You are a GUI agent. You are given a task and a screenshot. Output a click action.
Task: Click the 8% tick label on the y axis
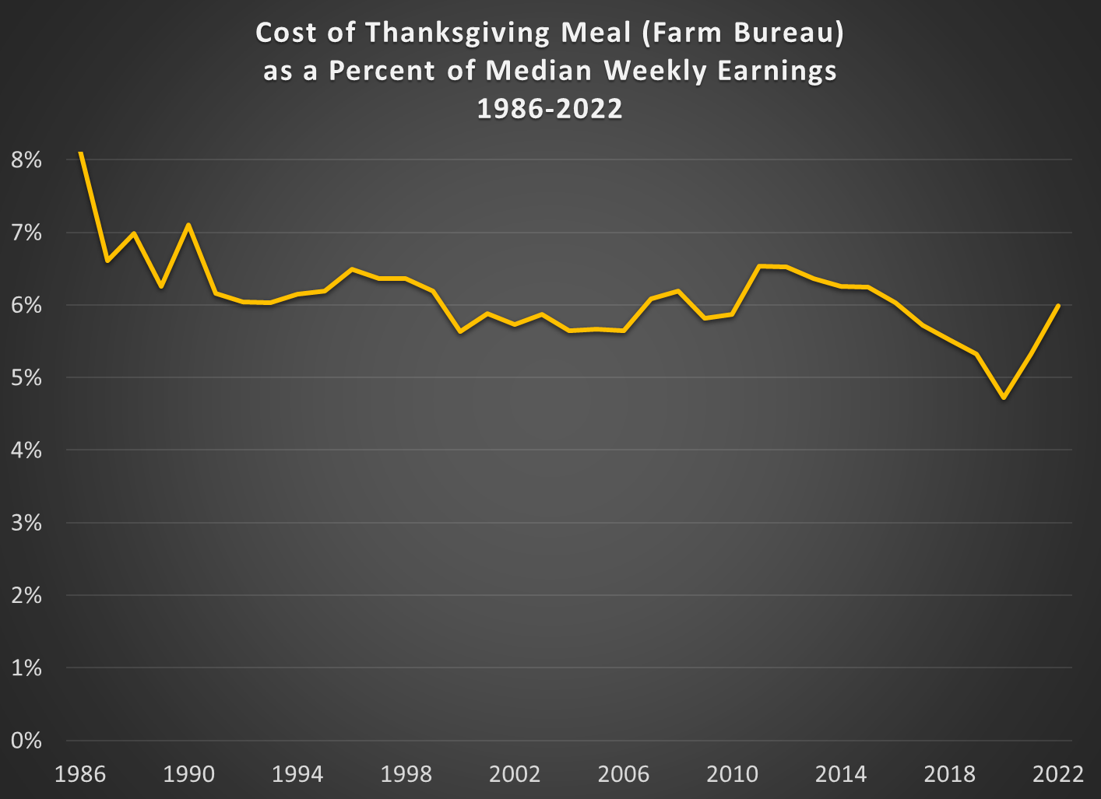26,160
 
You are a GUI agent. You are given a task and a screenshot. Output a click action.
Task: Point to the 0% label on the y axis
26,741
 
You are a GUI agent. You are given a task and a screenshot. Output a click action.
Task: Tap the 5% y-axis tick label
26,378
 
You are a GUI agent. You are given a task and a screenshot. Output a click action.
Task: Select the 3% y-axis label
26,523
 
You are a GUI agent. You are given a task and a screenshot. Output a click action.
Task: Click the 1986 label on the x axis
80,774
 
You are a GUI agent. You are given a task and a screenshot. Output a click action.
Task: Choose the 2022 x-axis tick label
1058,774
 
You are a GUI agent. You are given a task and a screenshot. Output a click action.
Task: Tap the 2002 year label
515,774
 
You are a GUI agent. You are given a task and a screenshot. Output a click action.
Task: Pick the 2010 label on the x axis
732,774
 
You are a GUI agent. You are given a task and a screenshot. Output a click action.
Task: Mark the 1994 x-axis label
297,774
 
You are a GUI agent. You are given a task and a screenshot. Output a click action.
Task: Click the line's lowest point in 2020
1004,398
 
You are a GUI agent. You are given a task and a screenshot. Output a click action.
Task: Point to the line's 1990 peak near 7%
188,225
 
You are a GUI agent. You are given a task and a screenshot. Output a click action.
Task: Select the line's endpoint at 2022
1059,306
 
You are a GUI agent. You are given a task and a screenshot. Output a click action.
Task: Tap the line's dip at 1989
161,286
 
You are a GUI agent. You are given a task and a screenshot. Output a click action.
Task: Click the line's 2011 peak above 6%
760,266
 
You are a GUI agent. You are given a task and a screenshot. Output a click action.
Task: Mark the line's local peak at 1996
352,269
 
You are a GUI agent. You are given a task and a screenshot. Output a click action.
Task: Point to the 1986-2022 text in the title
550,109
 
